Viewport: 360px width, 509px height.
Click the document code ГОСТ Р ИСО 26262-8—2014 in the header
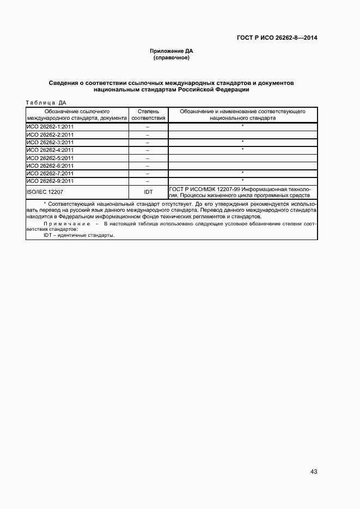click(x=277, y=38)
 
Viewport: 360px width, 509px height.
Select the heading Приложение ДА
click(x=172, y=51)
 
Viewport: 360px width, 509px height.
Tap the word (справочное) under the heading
click(x=172, y=57)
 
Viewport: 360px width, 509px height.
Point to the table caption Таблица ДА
click(x=46, y=102)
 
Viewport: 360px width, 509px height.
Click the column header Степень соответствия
click(x=148, y=114)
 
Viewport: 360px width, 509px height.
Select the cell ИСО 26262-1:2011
click(x=50, y=126)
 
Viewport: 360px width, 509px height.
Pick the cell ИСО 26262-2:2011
click(x=50, y=134)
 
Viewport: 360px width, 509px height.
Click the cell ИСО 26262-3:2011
click(x=50, y=142)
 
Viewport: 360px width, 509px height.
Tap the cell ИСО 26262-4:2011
click(x=50, y=150)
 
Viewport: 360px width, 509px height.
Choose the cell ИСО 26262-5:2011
click(x=50, y=158)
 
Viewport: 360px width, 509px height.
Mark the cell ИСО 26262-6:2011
click(x=50, y=165)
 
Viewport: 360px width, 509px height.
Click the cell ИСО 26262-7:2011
click(x=50, y=173)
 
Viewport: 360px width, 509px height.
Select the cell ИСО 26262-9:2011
click(x=50, y=181)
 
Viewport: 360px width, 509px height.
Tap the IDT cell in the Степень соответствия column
click(x=148, y=192)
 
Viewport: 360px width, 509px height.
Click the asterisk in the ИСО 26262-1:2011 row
click(x=242, y=126)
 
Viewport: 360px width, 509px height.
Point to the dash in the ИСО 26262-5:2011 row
click(x=148, y=158)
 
